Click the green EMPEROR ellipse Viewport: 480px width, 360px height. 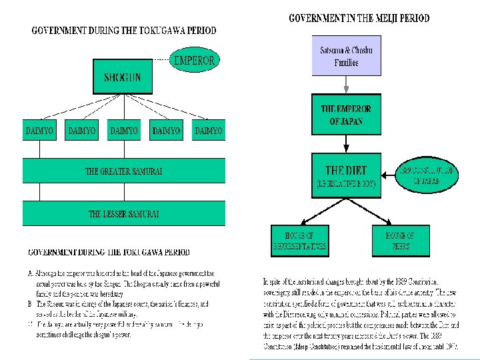point(194,61)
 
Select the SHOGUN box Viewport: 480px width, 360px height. point(122,77)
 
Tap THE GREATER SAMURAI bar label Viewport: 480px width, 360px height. point(124,171)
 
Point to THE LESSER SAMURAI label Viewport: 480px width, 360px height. point(124,214)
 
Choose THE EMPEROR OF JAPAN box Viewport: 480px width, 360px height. point(346,115)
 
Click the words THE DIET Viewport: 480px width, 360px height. point(345,170)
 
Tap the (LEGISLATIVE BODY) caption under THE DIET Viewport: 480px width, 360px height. point(345,183)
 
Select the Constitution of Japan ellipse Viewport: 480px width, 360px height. point(429,175)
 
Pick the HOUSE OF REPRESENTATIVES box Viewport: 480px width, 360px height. point(299,241)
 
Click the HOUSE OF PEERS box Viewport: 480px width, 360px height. point(400,241)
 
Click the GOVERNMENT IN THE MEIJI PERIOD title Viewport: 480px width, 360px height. point(359,19)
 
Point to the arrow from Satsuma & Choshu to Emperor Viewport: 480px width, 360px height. point(346,85)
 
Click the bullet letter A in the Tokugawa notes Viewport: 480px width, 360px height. point(30,274)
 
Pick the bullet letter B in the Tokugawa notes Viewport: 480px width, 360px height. point(30,303)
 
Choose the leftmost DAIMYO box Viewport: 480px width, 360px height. point(39,131)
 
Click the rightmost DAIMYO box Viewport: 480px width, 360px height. point(208,131)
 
